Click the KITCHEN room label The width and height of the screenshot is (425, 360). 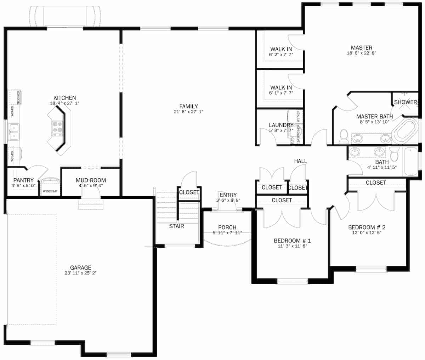click(x=64, y=98)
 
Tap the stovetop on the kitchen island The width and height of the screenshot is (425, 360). click(x=57, y=128)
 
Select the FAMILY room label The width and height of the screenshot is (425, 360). click(x=188, y=106)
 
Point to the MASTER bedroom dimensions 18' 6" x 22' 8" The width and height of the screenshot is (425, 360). click(x=361, y=53)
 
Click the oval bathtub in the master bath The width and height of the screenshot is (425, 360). click(x=404, y=132)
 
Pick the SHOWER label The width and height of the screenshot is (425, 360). click(x=406, y=102)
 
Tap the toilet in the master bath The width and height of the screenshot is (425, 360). click(x=344, y=136)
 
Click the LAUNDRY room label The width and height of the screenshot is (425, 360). click(x=281, y=125)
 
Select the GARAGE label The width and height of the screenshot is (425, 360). click(x=80, y=268)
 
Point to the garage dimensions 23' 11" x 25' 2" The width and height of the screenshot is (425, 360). click(x=80, y=273)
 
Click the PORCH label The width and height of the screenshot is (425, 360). click(x=227, y=227)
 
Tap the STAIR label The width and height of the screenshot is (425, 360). click(x=176, y=226)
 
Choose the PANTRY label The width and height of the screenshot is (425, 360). click(x=23, y=180)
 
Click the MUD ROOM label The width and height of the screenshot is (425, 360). click(x=91, y=180)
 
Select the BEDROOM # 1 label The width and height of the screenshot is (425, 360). click(x=292, y=241)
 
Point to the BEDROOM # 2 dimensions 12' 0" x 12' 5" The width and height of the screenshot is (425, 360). click(x=367, y=233)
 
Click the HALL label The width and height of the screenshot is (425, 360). click(x=300, y=161)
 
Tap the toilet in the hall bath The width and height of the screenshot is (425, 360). click(x=394, y=154)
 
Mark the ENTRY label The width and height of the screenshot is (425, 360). click(x=228, y=195)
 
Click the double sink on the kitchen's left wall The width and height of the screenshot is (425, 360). click(x=13, y=131)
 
